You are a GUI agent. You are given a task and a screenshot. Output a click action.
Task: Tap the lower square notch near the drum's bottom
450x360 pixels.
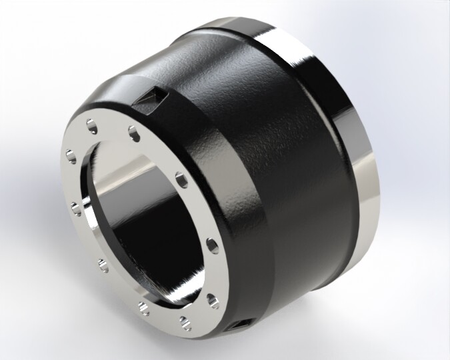(x=239, y=325)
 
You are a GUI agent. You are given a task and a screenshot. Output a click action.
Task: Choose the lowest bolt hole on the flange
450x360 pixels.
(x=183, y=325)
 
